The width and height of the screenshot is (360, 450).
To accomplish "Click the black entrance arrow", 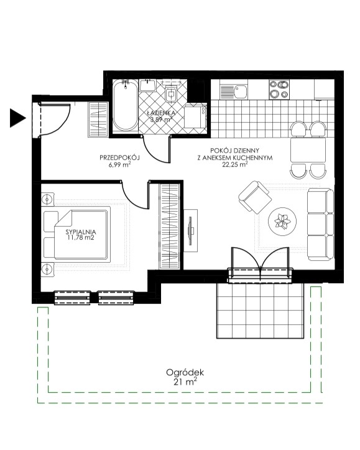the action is click(17, 118).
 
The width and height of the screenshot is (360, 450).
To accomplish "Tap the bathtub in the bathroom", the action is click(125, 105).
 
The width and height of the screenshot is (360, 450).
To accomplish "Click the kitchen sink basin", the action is click(240, 91).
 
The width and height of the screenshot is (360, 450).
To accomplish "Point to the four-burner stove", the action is click(279, 89).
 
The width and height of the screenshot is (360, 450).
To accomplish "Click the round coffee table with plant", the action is click(282, 222).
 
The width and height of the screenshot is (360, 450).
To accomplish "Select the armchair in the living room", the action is click(255, 197).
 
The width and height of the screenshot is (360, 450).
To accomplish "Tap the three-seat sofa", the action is click(320, 224).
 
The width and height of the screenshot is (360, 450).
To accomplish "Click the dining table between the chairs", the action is click(308, 150).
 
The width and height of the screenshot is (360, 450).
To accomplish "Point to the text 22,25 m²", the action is click(235, 164).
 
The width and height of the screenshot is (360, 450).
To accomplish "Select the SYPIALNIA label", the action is click(81, 232).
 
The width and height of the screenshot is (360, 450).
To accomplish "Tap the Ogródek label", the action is click(185, 373).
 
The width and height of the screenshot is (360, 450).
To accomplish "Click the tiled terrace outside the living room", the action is click(261, 311).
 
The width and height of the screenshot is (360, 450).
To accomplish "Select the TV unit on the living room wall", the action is click(191, 230).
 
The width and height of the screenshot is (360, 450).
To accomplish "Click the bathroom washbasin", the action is click(147, 85).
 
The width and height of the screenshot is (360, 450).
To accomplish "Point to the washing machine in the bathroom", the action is click(195, 116).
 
